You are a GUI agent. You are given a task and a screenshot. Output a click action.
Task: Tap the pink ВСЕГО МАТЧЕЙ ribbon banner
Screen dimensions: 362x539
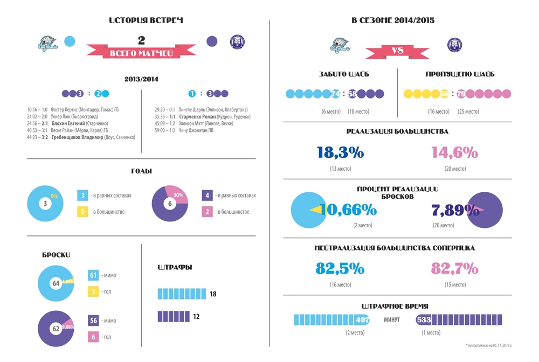(x=141, y=53)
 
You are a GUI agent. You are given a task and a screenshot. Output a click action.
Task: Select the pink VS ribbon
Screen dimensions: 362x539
(x=398, y=51)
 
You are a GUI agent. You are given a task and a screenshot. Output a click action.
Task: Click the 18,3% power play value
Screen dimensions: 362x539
(x=341, y=152)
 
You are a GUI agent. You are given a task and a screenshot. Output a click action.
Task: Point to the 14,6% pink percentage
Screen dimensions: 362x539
(x=455, y=152)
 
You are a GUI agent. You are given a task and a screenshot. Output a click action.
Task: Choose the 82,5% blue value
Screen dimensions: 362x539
(x=340, y=268)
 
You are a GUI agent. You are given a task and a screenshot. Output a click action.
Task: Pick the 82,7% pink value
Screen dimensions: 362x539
(x=455, y=268)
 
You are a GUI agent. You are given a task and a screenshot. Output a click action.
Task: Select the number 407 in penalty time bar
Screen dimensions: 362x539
(x=362, y=320)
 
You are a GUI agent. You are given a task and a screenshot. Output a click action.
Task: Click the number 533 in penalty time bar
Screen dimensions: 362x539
(x=424, y=320)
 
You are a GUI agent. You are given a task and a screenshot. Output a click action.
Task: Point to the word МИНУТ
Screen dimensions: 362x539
(x=392, y=320)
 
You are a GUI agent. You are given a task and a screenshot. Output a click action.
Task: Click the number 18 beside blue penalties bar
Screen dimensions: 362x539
(x=213, y=294)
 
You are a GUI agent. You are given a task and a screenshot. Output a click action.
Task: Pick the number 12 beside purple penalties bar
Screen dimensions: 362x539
(x=196, y=317)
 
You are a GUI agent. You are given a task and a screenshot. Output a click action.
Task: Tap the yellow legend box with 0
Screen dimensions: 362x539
(x=84, y=212)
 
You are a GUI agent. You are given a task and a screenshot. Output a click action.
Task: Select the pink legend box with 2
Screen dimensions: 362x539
(x=208, y=212)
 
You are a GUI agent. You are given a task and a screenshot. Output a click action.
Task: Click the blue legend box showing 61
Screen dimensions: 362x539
(x=93, y=275)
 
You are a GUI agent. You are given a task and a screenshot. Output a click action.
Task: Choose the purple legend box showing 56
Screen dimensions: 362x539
(x=93, y=321)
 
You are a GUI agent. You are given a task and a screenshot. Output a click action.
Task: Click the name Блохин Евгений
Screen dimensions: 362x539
(x=70, y=123)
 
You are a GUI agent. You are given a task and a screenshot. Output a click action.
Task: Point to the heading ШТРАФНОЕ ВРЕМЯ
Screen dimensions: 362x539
(x=398, y=306)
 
